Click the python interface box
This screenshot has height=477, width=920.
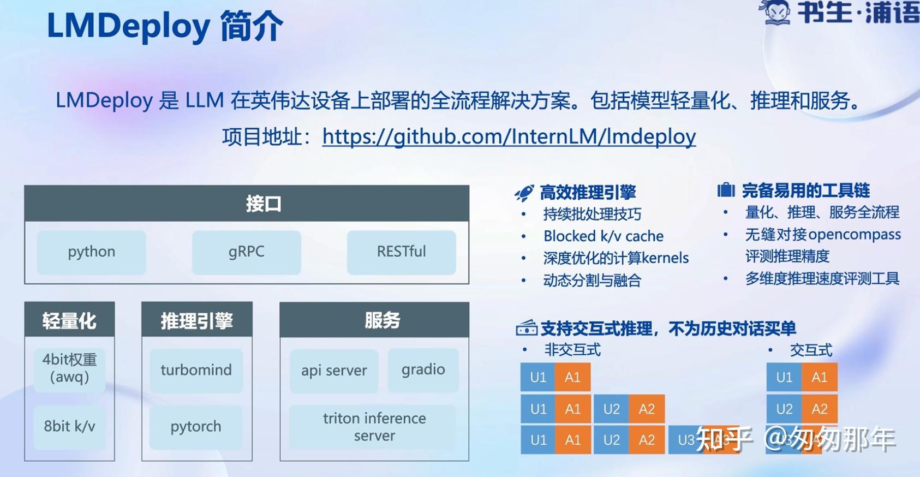(x=91, y=252)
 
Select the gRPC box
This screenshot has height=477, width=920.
(x=246, y=252)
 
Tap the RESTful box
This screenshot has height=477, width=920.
(x=401, y=252)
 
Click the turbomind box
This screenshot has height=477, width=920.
(x=196, y=370)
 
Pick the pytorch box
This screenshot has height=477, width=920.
(x=196, y=426)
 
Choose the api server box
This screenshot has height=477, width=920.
(x=334, y=371)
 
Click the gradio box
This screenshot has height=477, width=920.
(x=423, y=369)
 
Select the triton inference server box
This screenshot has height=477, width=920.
(x=374, y=426)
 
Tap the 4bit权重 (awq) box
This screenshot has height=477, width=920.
(x=69, y=368)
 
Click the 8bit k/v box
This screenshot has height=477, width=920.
(x=69, y=426)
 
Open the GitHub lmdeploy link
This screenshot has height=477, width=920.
(x=509, y=136)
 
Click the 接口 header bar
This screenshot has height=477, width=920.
(x=247, y=204)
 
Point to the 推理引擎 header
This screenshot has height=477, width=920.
(x=196, y=320)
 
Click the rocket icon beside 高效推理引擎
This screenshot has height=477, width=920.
(x=524, y=193)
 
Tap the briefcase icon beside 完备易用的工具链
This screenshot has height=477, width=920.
(x=726, y=190)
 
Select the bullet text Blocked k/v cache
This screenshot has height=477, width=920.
(x=603, y=236)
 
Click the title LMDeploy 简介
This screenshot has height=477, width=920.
(x=165, y=26)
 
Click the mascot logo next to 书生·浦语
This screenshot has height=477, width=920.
(x=776, y=12)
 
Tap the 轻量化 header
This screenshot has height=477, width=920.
(x=69, y=320)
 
